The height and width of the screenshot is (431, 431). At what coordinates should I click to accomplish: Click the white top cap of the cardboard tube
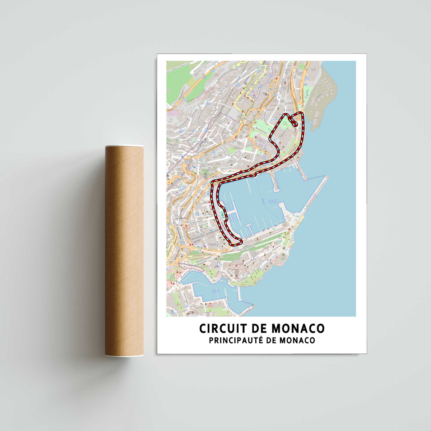[x=124, y=147]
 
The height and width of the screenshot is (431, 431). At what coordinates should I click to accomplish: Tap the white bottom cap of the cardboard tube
[x=124, y=355]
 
